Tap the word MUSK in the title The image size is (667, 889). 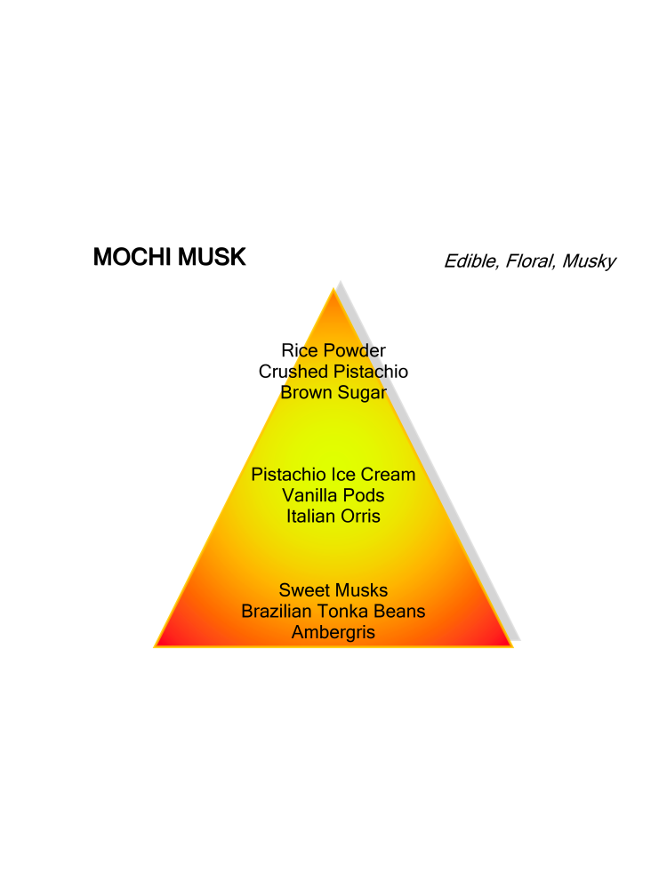212,257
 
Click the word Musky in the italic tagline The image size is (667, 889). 589,261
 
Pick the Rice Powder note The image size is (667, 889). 333,350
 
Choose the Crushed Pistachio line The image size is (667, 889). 333,372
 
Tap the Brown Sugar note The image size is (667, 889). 333,392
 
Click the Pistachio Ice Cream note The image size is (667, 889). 333,475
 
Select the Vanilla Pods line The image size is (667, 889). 333,495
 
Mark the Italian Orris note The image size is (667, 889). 333,517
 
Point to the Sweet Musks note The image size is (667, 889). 333,590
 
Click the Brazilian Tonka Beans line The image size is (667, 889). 333,612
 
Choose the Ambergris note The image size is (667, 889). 333,632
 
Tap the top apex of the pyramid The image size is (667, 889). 333,289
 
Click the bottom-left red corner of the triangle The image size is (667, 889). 155,646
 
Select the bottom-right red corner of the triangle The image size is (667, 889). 513,646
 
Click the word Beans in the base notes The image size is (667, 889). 399,612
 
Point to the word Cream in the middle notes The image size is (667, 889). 388,475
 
